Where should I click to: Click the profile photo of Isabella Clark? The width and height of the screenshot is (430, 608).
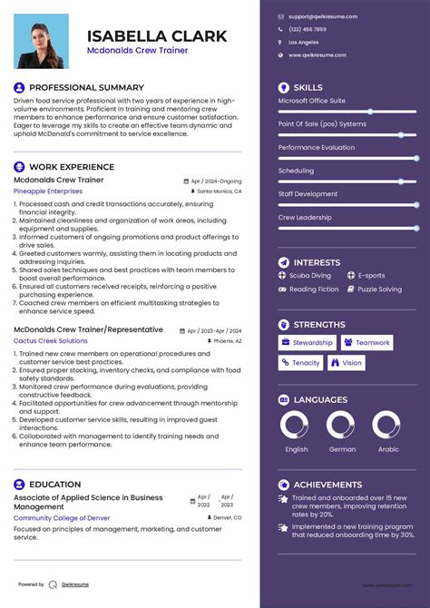pos(43,43)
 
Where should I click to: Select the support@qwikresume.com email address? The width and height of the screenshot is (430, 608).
pos(323,16)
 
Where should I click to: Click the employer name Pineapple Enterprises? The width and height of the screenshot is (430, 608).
pos(47,191)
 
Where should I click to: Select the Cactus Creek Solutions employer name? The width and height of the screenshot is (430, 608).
pos(51,340)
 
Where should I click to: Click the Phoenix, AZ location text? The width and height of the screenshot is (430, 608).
pos(226,340)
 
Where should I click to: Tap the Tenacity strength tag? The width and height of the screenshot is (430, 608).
pos(300,363)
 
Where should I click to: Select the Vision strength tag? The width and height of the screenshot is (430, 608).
pos(347,363)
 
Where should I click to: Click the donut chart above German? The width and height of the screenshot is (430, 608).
pos(341,426)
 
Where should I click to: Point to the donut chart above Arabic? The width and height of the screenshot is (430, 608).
pos(387,426)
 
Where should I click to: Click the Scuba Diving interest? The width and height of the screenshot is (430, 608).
pos(309,275)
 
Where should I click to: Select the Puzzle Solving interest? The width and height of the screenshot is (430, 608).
pos(379,289)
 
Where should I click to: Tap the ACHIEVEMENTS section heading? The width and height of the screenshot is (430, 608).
pos(327,485)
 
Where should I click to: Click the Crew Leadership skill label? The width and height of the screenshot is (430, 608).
pos(305,218)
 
